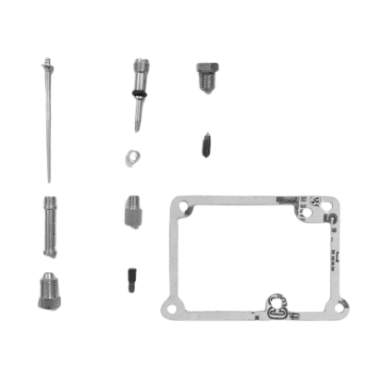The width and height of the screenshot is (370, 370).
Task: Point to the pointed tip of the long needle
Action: [x=48, y=179]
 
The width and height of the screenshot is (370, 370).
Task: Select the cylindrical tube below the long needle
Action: [x=50, y=228]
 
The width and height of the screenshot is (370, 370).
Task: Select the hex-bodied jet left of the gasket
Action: [x=130, y=214]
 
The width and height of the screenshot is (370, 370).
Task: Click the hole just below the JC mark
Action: [x=308, y=212]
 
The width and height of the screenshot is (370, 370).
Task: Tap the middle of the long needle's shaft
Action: [x=47, y=120]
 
